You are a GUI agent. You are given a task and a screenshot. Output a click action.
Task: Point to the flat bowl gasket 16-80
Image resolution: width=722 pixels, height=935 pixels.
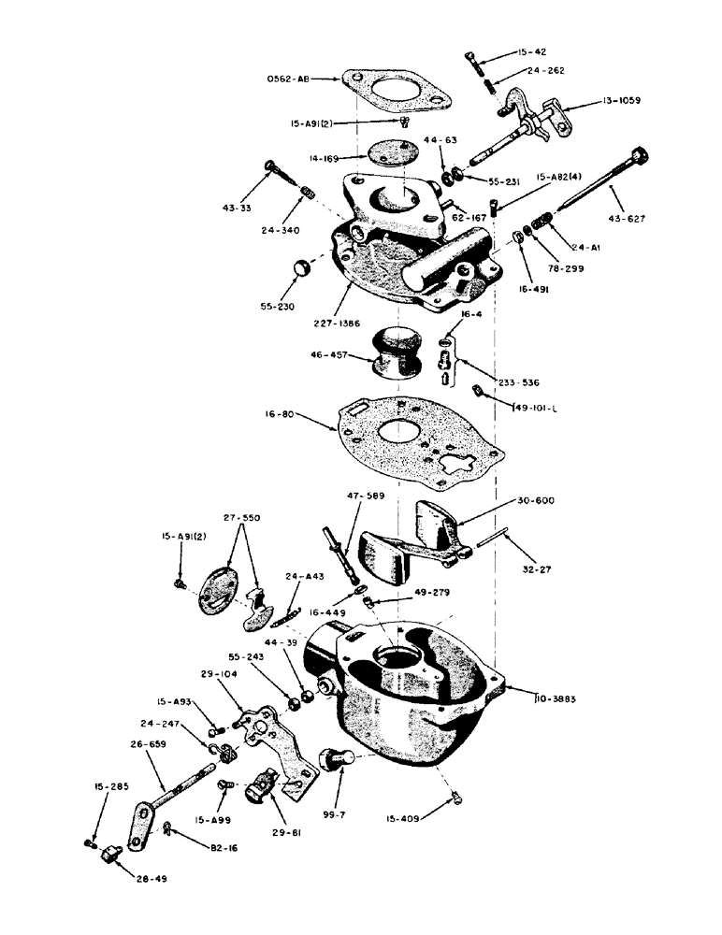pyautogui.click(x=412, y=439)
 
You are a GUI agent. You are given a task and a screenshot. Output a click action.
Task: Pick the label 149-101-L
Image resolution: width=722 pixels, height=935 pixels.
pyautogui.click(x=537, y=407)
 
